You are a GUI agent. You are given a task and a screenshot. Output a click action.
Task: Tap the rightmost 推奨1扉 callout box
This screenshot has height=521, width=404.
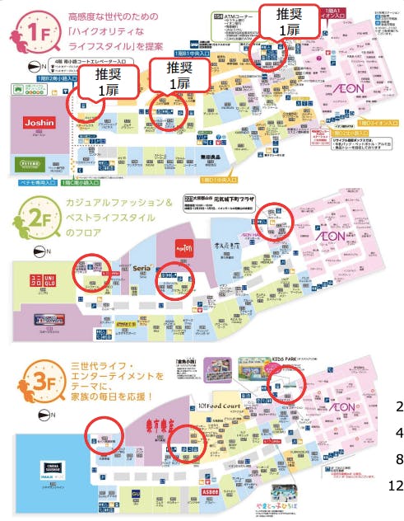(x=288, y=21)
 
